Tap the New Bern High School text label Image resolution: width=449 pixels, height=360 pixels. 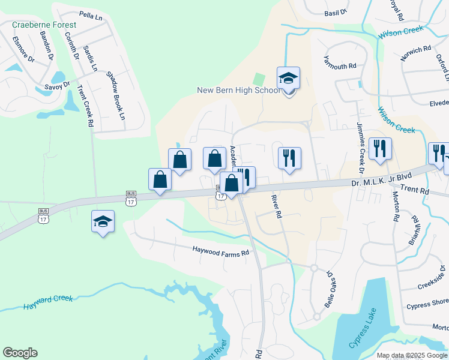[238, 91]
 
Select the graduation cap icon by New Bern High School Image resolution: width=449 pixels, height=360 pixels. [288, 78]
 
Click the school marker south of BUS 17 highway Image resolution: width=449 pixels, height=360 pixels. [103, 221]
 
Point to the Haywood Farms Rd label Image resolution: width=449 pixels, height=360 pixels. [220, 252]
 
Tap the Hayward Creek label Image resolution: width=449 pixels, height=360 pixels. [48, 302]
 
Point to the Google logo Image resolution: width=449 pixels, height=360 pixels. [20, 353]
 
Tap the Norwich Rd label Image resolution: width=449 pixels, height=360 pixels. [417, 50]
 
